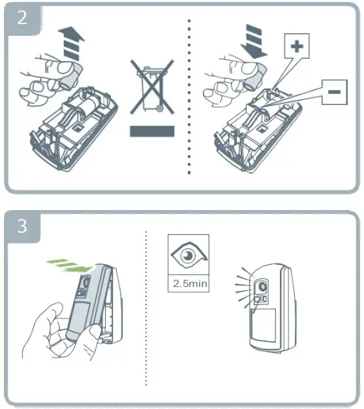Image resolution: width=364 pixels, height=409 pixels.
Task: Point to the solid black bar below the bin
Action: pyautogui.click(x=152, y=131)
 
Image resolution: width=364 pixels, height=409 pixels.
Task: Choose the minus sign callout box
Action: pyautogui.click(x=332, y=92)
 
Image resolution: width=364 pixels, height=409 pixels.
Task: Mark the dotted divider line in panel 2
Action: pyautogui.click(x=189, y=98)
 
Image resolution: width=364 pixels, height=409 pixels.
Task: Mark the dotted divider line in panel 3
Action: pyautogui.click(x=145, y=307)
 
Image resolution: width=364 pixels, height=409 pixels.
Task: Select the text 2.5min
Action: pyautogui.click(x=189, y=284)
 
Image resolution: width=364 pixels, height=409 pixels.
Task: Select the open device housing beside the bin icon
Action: pyautogui.click(x=72, y=124)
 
